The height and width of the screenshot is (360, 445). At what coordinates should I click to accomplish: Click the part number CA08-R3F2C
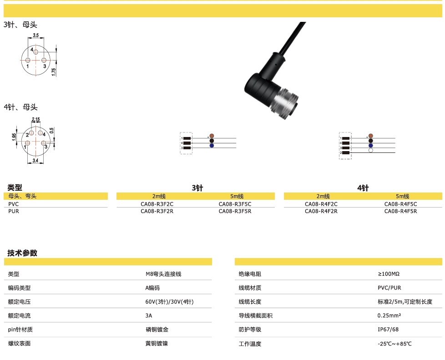click(x=157, y=204)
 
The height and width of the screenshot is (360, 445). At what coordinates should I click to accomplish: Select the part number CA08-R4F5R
click(x=400, y=211)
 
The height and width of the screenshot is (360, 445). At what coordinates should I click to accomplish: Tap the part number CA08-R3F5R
click(x=235, y=211)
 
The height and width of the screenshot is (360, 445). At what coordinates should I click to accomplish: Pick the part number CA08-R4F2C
click(x=321, y=204)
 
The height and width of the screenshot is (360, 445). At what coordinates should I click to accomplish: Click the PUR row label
click(x=13, y=211)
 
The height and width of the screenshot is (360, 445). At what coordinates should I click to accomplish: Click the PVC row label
click(x=13, y=204)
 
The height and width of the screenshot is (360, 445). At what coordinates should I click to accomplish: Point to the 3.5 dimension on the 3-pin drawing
click(x=36, y=35)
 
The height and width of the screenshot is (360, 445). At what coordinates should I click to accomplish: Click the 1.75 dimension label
click(x=54, y=72)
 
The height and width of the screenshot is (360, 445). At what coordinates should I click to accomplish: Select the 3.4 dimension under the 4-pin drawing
click(x=35, y=160)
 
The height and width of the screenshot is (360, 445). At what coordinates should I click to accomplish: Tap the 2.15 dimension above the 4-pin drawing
click(x=36, y=120)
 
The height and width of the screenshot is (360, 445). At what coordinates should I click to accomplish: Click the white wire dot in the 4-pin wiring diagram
click(x=371, y=150)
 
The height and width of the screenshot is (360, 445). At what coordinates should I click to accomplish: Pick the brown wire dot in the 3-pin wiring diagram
click(x=212, y=136)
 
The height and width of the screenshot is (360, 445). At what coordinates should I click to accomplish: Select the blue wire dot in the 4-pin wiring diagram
click(x=371, y=145)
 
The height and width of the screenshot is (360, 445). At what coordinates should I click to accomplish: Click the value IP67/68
click(x=388, y=330)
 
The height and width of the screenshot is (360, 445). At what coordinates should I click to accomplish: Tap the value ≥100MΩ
click(x=389, y=274)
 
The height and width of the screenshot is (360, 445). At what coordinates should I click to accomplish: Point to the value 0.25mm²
click(x=389, y=315)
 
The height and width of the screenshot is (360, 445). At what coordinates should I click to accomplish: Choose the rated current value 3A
click(x=149, y=315)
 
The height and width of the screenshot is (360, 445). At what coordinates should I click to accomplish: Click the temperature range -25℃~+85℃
click(x=394, y=344)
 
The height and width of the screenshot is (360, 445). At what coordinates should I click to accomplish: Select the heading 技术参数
click(x=22, y=253)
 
